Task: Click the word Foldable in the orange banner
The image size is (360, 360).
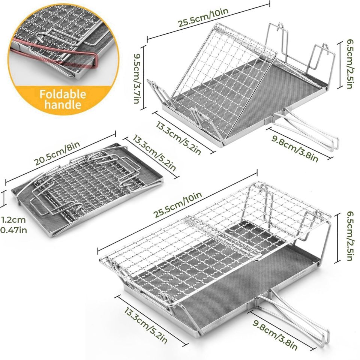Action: point(63,94)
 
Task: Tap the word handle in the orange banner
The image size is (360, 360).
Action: point(63,104)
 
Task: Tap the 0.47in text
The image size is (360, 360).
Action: point(13,230)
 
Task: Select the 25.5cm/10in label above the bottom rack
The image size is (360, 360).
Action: point(178,205)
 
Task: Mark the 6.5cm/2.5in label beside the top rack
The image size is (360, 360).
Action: point(348,64)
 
